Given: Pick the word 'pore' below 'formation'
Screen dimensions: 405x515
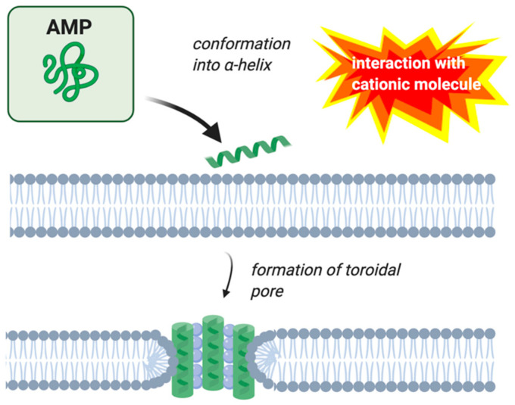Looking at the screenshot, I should click(x=268, y=291).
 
